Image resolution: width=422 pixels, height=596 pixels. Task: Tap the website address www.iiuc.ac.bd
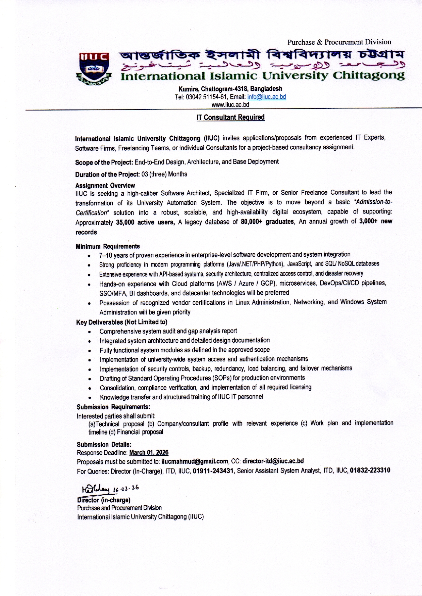(230, 105)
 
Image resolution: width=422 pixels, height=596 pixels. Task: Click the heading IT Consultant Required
(230, 117)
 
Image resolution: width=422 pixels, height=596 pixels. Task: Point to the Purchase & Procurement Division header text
(339, 42)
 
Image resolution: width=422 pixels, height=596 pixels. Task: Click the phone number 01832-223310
(370, 470)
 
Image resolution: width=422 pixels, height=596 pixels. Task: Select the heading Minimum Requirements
(108, 246)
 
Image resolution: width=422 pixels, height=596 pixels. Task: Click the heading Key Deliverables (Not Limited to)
(121, 322)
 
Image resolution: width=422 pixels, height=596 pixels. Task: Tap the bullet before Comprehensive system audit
(89, 332)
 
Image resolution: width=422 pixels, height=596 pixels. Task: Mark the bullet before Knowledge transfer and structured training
(89, 397)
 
